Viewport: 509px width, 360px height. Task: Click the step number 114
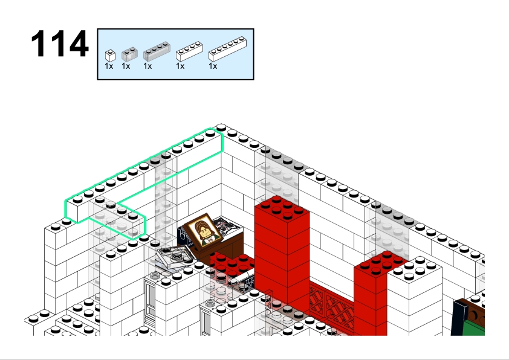(x=60, y=43)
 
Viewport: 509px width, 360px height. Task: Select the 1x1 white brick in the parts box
(x=110, y=56)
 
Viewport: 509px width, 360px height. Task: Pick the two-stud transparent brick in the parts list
(x=129, y=54)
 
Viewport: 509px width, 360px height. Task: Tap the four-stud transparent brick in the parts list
(x=157, y=51)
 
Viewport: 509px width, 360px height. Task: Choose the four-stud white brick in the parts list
(x=190, y=51)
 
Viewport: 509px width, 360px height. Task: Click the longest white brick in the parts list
(x=227, y=49)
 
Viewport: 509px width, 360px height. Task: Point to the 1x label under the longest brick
(x=213, y=66)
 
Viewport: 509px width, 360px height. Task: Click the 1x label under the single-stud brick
(x=109, y=66)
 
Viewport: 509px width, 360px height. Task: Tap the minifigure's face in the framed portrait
(x=204, y=231)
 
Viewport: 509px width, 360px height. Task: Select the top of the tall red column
(x=282, y=208)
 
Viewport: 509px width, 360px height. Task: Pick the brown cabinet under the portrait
(x=224, y=246)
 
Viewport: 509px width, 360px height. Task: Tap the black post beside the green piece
(x=458, y=317)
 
